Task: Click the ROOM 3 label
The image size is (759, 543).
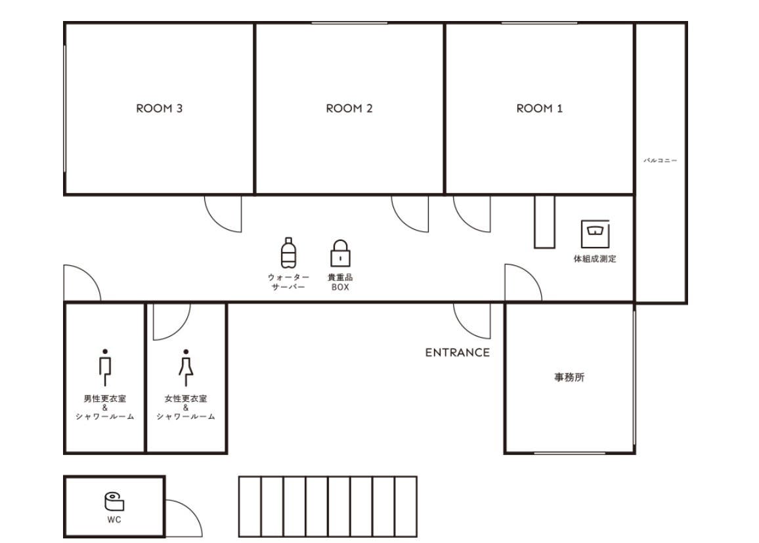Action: pyautogui.click(x=160, y=108)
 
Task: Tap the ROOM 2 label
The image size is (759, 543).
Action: pyautogui.click(x=349, y=108)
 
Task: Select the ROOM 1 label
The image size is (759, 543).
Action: pyautogui.click(x=539, y=108)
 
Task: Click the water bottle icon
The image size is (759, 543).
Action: pyautogui.click(x=288, y=253)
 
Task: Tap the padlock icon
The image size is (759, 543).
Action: pyautogui.click(x=340, y=253)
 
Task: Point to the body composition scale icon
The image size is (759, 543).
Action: pyautogui.click(x=595, y=234)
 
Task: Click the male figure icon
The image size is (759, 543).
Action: pyautogui.click(x=105, y=367)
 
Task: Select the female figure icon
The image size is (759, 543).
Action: pyautogui.click(x=186, y=367)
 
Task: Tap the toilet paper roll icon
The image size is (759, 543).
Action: pyautogui.click(x=114, y=502)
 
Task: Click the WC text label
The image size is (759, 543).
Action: pyautogui.click(x=114, y=520)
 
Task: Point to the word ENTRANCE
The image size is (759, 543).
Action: pyautogui.click(x=458, y=353)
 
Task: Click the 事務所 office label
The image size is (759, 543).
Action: pyautogui.click(x=569, y=377)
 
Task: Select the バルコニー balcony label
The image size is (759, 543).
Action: pyautogui.click(x=661, y=160)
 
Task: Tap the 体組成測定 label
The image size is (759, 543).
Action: pyautogui.click(x=595, y=259)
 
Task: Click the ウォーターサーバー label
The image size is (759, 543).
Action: pyautogui.click(x=288, y=282)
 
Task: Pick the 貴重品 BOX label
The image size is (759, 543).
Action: pyautogui.click(x=340, y=282)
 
